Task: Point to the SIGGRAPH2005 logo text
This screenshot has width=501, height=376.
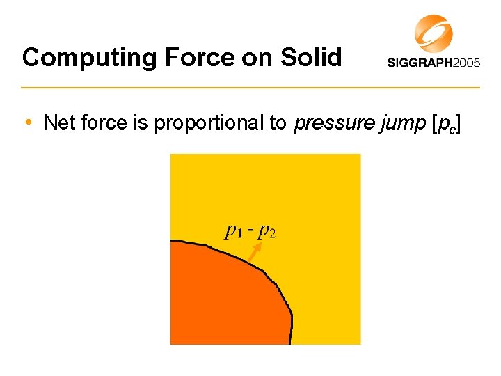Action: (433, 63)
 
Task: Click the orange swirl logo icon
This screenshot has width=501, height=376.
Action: (434, 33)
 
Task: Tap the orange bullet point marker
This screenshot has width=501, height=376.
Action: (27, 124)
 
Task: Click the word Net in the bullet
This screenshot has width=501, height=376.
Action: (56, 123)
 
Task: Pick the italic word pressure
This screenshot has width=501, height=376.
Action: (324, 124)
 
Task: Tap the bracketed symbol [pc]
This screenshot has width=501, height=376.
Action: (445, 124)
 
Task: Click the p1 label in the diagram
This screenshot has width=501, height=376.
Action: (233, 230)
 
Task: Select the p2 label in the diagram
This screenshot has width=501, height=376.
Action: (267, 230)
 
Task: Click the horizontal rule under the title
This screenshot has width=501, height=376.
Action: (250, 88)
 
